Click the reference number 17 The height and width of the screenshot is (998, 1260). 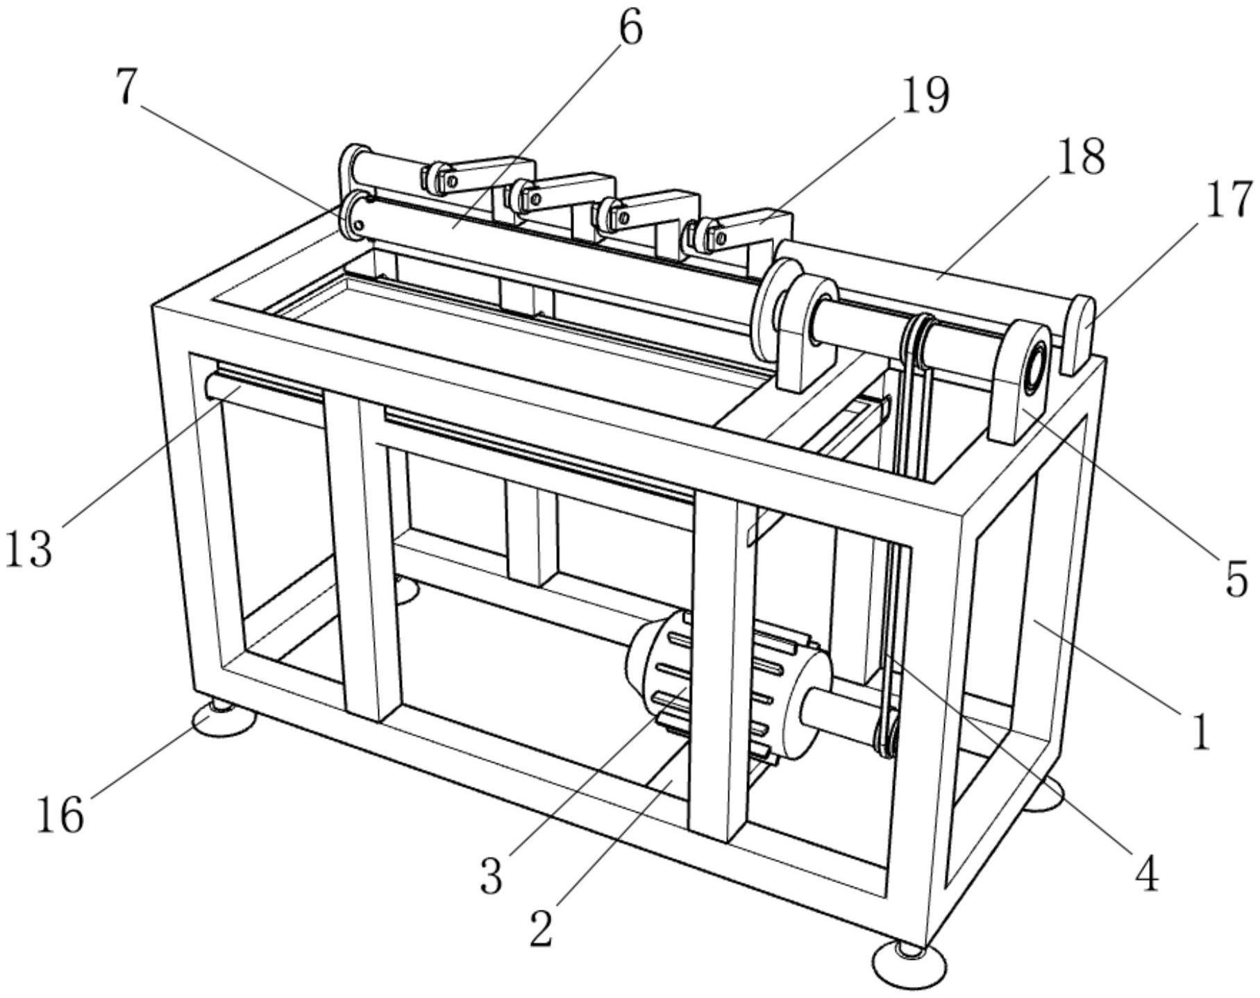[x=1229, y=199]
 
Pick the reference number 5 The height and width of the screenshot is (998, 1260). [x=1236, y=579]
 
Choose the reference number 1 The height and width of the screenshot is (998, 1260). [x=1200, y=731]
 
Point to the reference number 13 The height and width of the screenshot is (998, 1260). [x=28, y=549]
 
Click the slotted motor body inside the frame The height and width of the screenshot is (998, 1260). [x=729, y=684]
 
